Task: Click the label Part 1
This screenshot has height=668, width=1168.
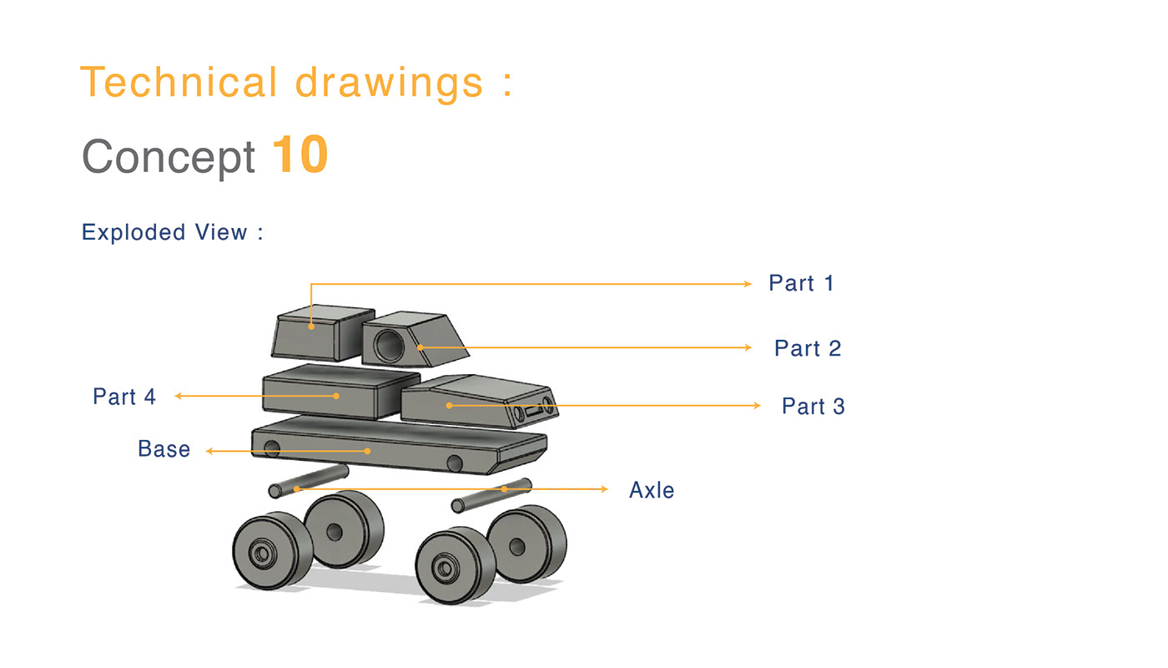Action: point(801,284)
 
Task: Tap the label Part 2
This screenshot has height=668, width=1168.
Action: point(808,348)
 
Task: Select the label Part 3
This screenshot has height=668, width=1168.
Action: point(813,407)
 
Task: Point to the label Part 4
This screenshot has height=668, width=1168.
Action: point(124,397)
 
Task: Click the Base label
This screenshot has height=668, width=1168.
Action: point(164,449)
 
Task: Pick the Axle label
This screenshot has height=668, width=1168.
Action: point(652,490)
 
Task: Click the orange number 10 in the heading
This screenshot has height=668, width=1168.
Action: point(300,155)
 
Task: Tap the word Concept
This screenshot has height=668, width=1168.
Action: point(169,156)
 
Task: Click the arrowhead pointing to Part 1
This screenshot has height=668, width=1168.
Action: point(748,284)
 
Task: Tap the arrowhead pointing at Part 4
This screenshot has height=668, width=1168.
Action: point(178,396)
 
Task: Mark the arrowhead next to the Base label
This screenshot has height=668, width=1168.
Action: point(209,451)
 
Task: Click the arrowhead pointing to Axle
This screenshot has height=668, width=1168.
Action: point(606,488)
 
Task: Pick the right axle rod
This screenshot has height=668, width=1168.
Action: point(491,494)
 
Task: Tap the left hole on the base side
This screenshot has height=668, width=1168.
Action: point(272,449)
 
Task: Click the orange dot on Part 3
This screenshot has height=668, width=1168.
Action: point(449,406)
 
